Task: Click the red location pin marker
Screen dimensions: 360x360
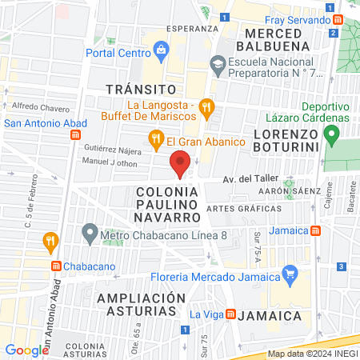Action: click(x=180, y=164)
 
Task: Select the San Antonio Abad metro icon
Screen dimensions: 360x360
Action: click(x=75, y=134)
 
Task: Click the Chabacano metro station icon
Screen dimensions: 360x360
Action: click(x=56, y=266)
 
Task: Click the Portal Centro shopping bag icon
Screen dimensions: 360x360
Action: click(x=162, y=52)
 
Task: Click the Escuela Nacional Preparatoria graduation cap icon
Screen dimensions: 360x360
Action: click(x=218, y=62)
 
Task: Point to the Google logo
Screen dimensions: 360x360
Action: click(x=26, y=350)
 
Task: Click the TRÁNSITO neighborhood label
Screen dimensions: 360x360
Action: click(x=141, y=88)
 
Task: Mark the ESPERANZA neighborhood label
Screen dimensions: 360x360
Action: click(x=192, y=28)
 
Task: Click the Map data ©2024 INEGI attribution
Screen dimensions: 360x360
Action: click(x=312, y=354)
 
